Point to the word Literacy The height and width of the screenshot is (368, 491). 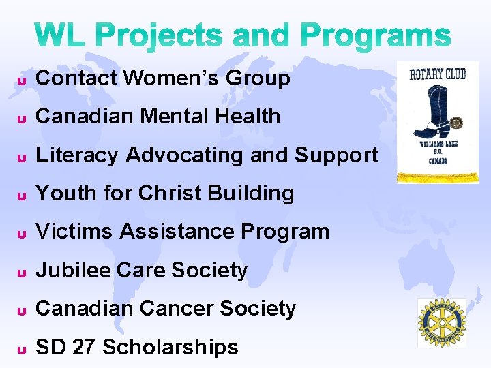click(77, 155)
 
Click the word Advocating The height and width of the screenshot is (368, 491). click(185, 155)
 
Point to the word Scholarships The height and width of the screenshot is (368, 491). click(170, 348)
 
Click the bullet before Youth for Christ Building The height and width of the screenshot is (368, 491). click(21, 196)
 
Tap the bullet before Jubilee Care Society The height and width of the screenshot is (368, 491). click(21, 273)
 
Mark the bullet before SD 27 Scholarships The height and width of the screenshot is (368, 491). click(21, 350)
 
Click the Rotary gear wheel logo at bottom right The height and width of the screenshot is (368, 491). click(442, 323)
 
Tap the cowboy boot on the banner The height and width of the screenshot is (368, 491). click(430, 109)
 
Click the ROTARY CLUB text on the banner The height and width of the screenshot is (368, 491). click(437, 74)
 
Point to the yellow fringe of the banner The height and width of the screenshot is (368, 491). click(437, 179)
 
